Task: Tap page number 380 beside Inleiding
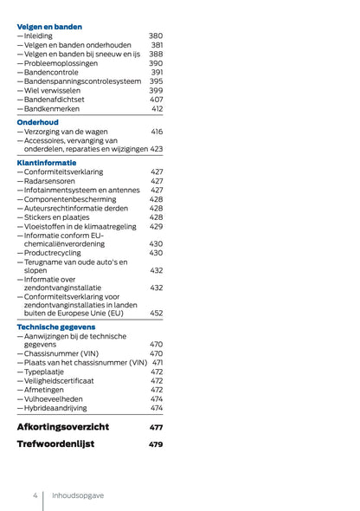click(155, 36)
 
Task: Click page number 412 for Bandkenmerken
click(157, 109)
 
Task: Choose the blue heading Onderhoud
click(37, 122)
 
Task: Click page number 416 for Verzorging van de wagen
click(157, 132)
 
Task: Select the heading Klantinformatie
click(47, 162)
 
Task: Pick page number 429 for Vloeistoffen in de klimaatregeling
click(156, 227)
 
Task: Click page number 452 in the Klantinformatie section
click(156, 314)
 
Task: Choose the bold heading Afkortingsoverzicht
click(74, 427)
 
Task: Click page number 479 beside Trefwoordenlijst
click(155, 444)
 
